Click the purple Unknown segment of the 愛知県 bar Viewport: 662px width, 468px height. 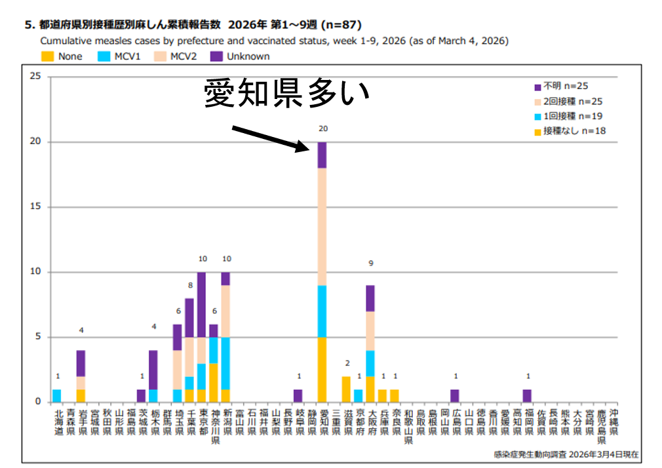[x=322, y=155]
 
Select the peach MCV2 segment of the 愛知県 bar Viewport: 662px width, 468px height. [x=322, y=227]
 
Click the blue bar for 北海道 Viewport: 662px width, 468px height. [x=57, y=395]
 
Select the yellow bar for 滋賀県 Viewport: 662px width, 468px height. [x=346, y=389]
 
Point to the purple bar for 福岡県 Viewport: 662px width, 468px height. [x=527, y=395]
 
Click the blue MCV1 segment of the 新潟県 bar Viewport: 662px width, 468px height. [x=225, y=364]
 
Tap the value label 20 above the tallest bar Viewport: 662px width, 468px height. [x=322, y=129]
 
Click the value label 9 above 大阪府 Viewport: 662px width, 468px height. [x=370, y=263]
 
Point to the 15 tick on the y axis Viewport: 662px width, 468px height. [x=36, y=207]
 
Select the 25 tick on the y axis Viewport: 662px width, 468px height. [x=36, y=77]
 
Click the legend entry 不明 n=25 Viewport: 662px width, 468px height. [x=562, y=86]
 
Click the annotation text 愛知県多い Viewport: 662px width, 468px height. [x=286, y=94]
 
